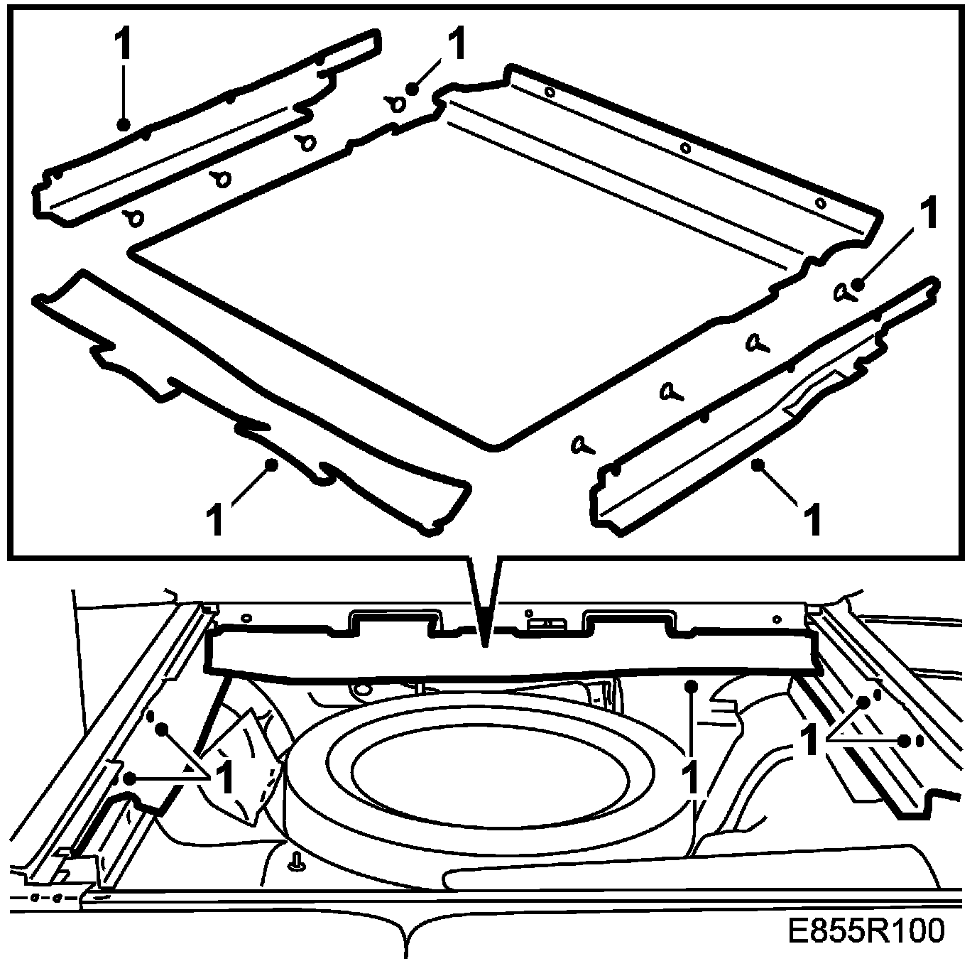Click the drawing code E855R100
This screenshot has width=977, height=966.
866,930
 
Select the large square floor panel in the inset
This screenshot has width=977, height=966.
462,284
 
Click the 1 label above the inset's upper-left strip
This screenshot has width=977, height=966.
123,45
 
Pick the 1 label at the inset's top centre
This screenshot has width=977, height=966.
458,44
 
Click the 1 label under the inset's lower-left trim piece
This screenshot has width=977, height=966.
215,519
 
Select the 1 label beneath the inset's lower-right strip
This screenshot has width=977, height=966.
813,519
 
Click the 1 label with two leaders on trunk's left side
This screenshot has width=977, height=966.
224,778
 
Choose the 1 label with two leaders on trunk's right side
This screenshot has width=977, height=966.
809,741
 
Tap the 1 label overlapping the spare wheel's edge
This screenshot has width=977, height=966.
689,778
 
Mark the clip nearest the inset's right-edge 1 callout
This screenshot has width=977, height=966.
842,292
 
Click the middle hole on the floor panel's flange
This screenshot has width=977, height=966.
685,148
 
